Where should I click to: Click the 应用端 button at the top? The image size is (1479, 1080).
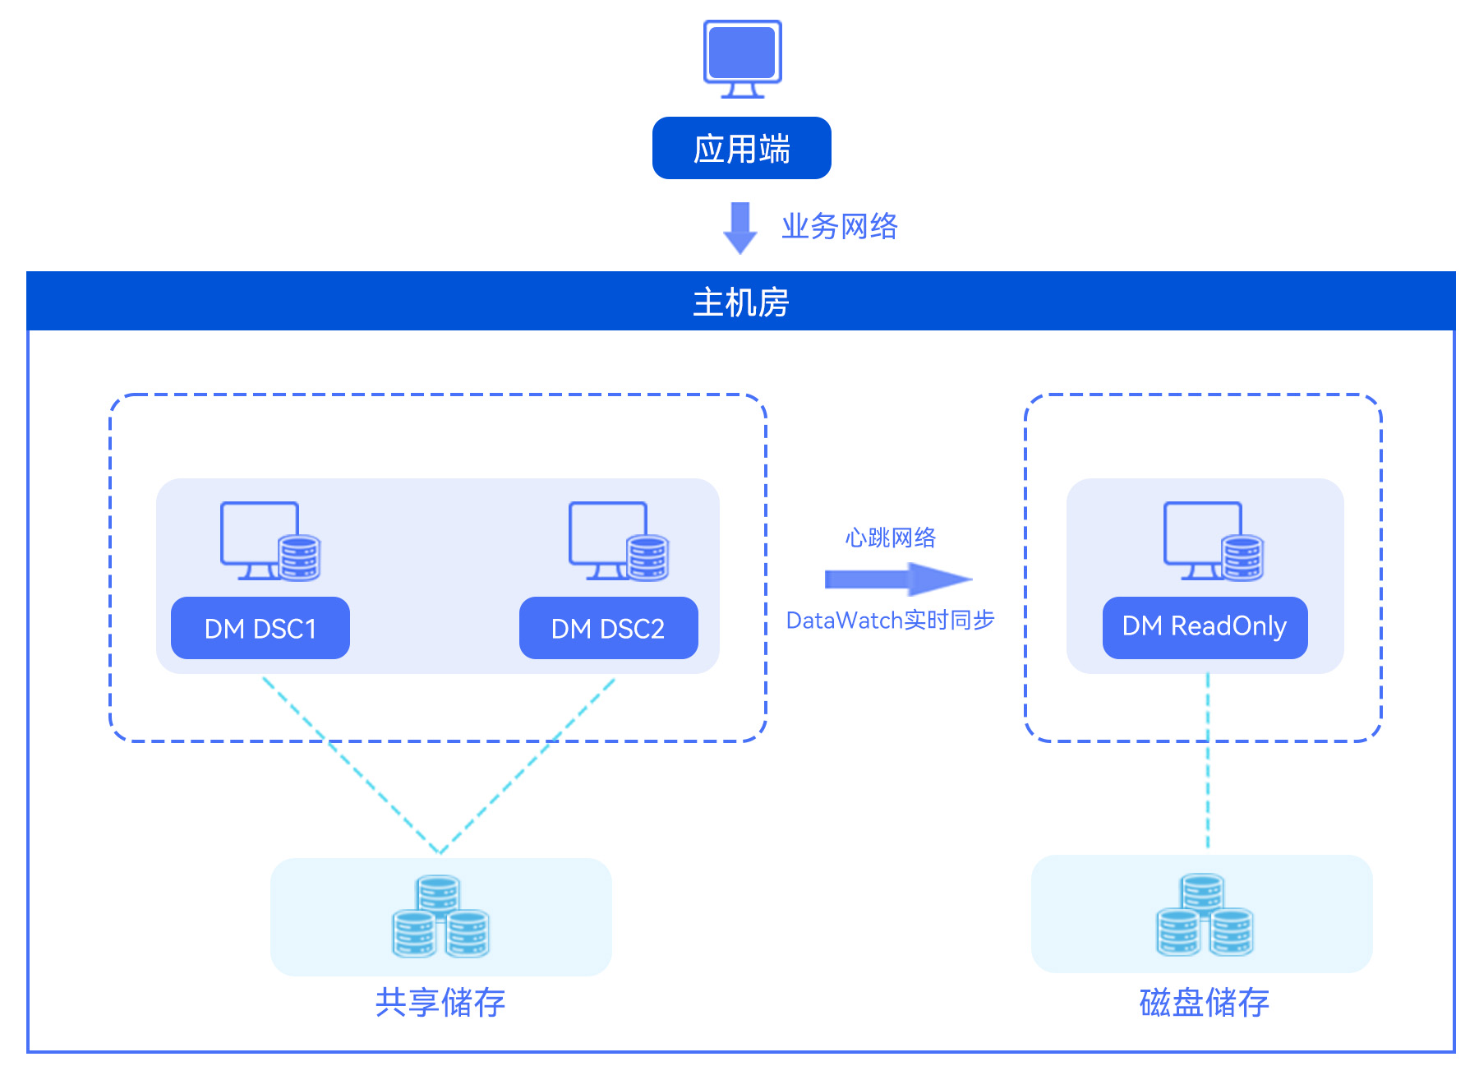(741, 149)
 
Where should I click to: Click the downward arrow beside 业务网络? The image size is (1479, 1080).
(740, 228)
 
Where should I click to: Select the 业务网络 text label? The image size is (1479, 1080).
(839, 226)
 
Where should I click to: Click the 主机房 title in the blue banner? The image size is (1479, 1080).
(740, 302)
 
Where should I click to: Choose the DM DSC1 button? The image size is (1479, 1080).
(260, 628)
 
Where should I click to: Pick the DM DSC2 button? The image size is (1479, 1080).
(608, 628)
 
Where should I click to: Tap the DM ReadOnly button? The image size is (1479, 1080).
(1205, 626)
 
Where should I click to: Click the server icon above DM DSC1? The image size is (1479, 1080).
(270, 542)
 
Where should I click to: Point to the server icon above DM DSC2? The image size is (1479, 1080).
(618, 542)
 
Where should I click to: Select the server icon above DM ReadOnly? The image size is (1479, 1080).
(1213, 542)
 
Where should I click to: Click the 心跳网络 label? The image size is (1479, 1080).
(891, 538)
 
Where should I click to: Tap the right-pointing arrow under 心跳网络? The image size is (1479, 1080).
(897, 579)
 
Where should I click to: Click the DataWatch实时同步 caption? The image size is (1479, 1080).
(890, 620)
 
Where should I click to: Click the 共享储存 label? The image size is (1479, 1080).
(440, 1003)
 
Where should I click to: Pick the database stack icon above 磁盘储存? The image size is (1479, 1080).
(1205, 915)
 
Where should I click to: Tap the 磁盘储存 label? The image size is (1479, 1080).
(1205, 1003)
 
